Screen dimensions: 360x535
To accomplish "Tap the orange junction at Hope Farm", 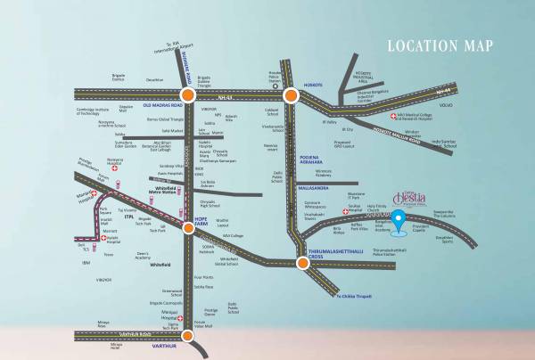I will [x=189, y=228].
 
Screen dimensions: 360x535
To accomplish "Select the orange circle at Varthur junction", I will [x=187, y=336].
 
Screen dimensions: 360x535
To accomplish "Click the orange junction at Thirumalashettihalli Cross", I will [x=301, y=262].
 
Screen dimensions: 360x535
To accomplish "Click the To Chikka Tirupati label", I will [x=350, y=294].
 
